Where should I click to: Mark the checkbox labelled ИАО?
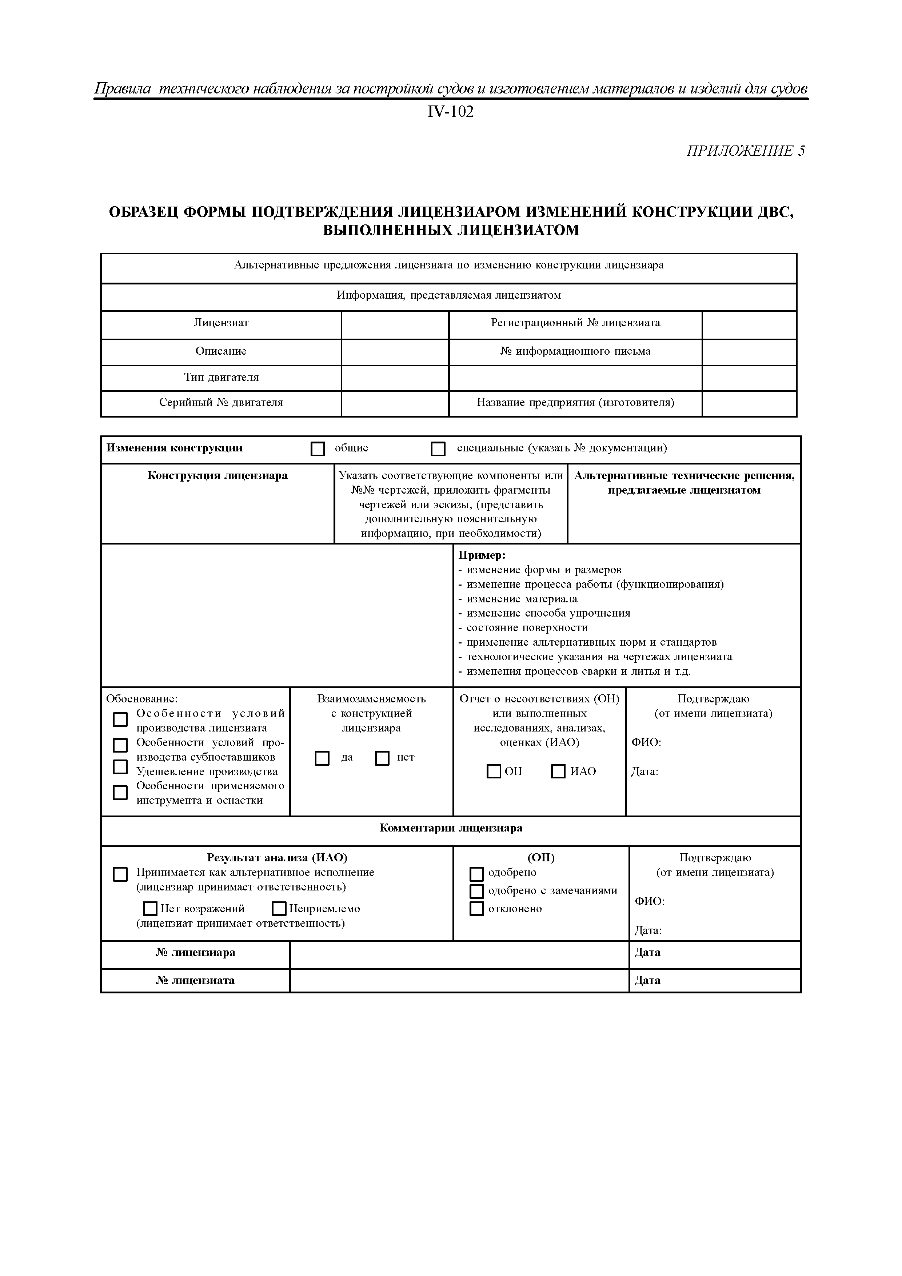558,771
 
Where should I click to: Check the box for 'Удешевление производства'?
120,767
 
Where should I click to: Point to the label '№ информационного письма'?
575,351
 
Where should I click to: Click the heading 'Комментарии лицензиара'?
451,828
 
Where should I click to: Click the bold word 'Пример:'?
481,555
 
